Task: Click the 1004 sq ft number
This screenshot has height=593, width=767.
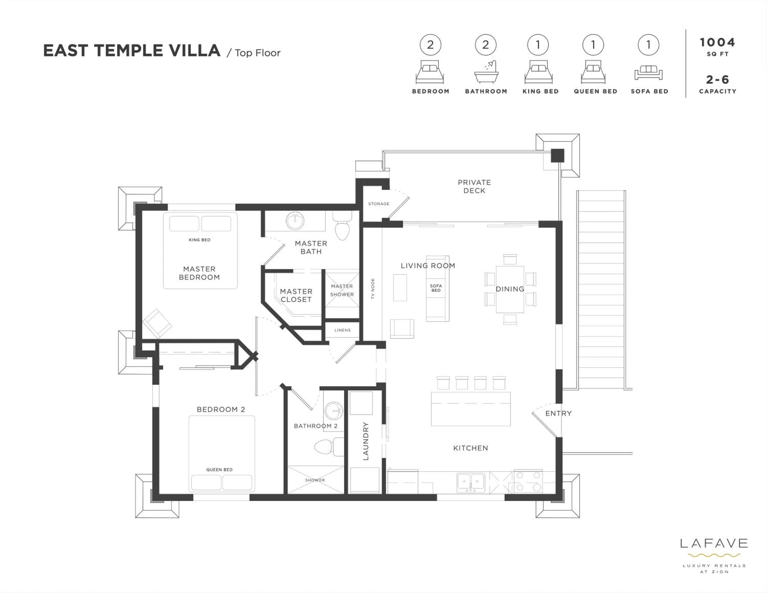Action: coord(717,42)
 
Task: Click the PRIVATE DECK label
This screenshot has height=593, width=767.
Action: coord(474,186)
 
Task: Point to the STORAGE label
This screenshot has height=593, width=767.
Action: coord(379,204)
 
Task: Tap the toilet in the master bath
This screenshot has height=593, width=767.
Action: coord(342,226)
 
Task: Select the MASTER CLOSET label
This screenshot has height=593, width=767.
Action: coord(296,295)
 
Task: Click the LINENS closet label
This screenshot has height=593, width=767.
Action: coord(342,330)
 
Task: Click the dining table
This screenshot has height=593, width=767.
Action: coord(510,289)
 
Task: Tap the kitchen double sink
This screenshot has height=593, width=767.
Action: coord(471,482)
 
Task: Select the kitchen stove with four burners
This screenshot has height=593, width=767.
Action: coord(528,481)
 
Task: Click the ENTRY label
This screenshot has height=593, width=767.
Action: coord(558,413)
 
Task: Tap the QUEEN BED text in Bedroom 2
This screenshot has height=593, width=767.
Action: coord(219,470)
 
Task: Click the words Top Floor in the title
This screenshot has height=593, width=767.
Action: coord(257,53)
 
